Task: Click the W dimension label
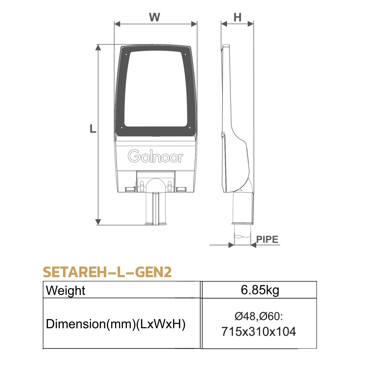click(155, 17)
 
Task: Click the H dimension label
click(237, 17)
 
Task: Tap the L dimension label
click(93, 128)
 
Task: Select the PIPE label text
click(268, 239)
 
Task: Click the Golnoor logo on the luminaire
click(156, 157)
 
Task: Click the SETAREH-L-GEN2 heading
click(107, 272)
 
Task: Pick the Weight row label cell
click(66, 290)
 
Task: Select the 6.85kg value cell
click(260, 290)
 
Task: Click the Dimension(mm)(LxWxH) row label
click(116, 324)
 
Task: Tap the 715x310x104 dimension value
click(259, 331)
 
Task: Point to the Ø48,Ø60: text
click(259, 316)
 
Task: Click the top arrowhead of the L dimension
click(99, 48)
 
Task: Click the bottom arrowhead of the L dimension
click(99, 222)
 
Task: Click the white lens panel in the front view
click(156, 87)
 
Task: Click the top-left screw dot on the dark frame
click(126, 54)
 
